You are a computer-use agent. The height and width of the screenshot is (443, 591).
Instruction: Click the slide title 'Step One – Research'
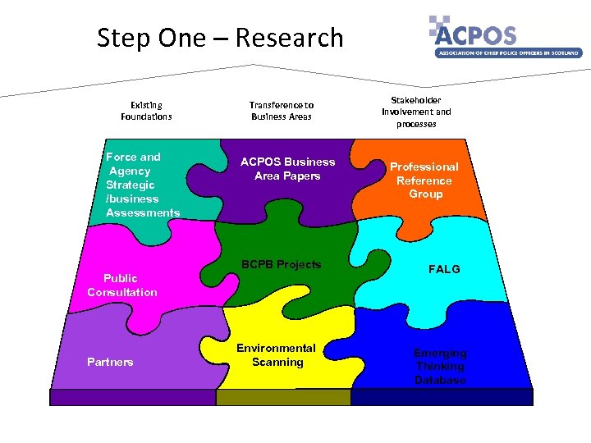tap(220, 38)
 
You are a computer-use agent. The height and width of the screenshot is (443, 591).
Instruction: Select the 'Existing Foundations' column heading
tap(146, 111)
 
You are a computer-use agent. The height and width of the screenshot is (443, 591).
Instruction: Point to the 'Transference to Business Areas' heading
tap(282, 111)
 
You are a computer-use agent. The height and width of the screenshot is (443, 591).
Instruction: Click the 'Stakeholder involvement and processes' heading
tap(416, 112)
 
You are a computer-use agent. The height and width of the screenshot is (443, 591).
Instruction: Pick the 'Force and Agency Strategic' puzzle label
tap(136, 177)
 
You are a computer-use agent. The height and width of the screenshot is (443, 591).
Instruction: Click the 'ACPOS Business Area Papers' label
tap(287, 169)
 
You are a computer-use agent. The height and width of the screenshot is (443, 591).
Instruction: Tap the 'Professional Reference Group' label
tap(424, 180)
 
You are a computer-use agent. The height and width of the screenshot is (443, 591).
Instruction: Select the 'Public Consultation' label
tap(121, 285)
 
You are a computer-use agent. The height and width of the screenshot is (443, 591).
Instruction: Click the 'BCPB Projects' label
tap(281, 264)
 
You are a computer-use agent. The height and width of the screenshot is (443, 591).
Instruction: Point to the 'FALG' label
tap(444, 269)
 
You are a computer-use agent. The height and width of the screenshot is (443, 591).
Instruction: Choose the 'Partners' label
tap(110, 362)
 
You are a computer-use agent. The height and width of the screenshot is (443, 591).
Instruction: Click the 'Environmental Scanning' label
tap(277, 355)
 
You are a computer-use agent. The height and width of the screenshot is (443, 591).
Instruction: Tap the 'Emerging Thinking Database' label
tap(440, 367)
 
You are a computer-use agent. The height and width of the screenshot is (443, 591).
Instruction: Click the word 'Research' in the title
tap(288, 38)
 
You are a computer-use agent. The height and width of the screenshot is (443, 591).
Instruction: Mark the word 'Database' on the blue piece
tap(440, 381)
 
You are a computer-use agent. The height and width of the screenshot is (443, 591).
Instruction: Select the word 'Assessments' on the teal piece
tap(143, 213)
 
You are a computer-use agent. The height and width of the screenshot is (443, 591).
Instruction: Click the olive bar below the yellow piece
tap(283, 397)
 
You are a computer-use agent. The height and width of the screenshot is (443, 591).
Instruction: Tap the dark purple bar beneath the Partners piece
tap(132, 397)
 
